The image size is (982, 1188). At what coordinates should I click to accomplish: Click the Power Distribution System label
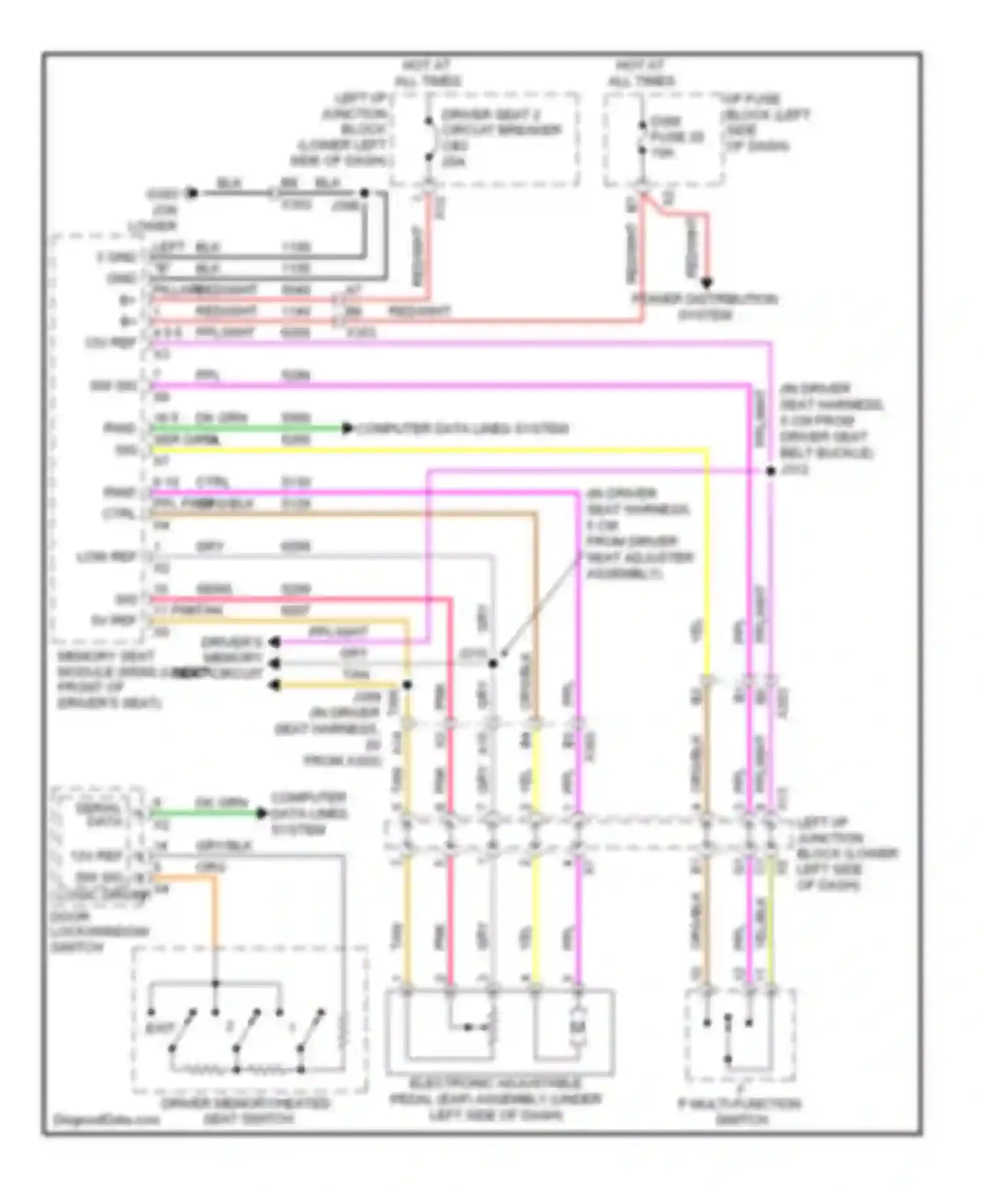[x=704, y=306]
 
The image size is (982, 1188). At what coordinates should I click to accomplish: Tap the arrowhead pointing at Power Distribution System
[x=706, y=283]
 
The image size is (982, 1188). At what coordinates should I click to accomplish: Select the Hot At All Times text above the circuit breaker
[x=427, y=73]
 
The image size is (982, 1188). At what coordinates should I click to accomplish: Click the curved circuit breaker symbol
[x=430, y=139]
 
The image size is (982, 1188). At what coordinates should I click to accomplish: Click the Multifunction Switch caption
[x=739, y=1111]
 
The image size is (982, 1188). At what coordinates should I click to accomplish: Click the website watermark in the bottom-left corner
[x=106, y=1119]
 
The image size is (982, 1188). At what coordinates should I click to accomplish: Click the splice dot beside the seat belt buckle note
[x=771, y=471]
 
